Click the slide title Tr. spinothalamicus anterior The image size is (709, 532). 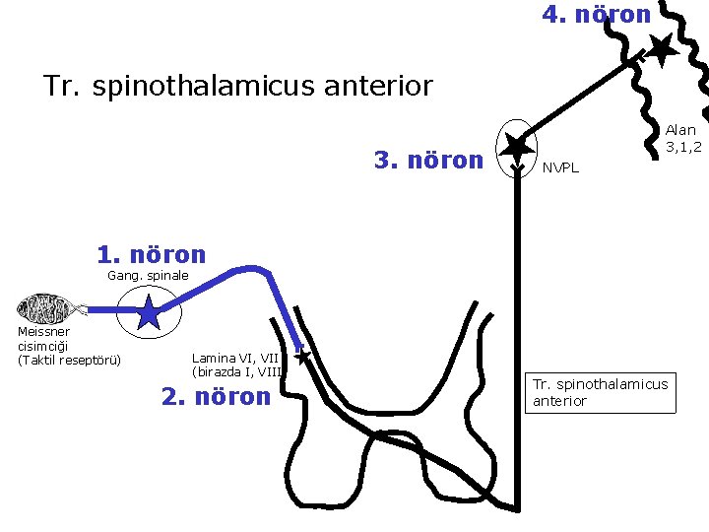click(237, 86)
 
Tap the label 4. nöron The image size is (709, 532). click(597, 15)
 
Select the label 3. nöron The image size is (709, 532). click(428, 160)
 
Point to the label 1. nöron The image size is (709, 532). click(152, 254)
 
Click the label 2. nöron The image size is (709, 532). click(215, 397)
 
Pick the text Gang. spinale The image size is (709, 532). click(147, 276)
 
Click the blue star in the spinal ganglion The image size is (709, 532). click(148, 313)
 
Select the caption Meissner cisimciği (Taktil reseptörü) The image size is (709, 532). click(68, 346)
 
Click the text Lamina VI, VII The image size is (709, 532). click(236, 358)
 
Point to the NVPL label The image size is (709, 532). click(561, 167)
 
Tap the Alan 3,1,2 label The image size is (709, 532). click(682, 138)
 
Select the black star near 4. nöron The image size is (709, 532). click(659, 48)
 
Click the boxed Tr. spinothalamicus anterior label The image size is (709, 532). click(600, 392)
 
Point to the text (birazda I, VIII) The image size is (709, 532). click(238, 372)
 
